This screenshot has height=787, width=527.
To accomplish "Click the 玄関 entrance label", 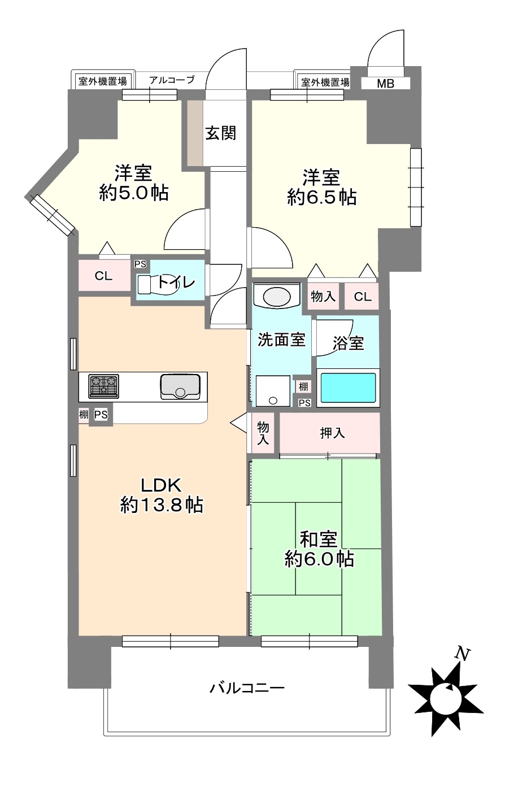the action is click(x=221, y=133).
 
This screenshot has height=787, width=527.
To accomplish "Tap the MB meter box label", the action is click(x=385, y=84).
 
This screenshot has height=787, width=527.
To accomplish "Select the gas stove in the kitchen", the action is click(x=103, y=386).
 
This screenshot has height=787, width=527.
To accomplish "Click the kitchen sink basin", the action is click(x=180, y=386).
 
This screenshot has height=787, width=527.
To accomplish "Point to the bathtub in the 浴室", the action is click(x=348, y=388).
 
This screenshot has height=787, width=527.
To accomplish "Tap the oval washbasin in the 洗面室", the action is click(x=277, y=297).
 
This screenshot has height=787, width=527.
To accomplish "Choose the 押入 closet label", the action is click(x=332, y=433).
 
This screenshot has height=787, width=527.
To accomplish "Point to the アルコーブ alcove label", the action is click(x=172, y=80).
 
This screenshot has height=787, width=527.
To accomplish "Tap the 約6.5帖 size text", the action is click(x=322, y=197).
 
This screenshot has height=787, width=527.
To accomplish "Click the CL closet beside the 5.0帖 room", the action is click(x=103, y=276).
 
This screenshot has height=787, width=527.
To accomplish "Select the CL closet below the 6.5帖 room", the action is click(x=363, y=297).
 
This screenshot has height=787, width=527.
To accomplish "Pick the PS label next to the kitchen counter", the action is click(x=101, y=415).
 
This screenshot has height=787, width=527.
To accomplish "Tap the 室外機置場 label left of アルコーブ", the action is click(x=103, y=81).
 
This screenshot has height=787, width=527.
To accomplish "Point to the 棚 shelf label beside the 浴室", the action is click(x=303, y=386).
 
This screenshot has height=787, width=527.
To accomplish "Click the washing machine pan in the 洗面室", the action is click(x=273, y=391).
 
